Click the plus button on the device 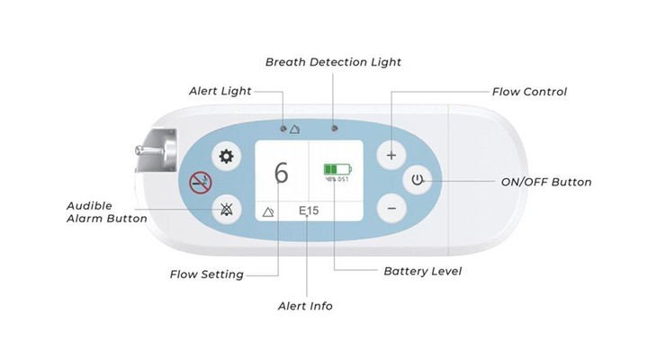click(x=391, y=155)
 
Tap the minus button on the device click(x=391, y=208)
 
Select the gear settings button click(x=226, y=157)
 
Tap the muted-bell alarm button click(x=226, y=210)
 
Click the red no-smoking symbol click(x=198, y=184)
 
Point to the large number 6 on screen click(x=282, y=173)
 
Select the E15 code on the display click(x=310, y=211)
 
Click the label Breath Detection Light click(x=333, y=62)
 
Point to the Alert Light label click(x=220, y=91)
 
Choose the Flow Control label click(x=529, y=92)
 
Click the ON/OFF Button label click(x=545, y=182)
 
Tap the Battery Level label click(x=422, y=271)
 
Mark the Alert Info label click(x=305, y=306)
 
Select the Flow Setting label click(x=207, y=274)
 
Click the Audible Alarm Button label click(x=105, y=211)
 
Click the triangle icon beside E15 click(x=267, y=211)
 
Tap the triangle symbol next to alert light click(x=296, y=129)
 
